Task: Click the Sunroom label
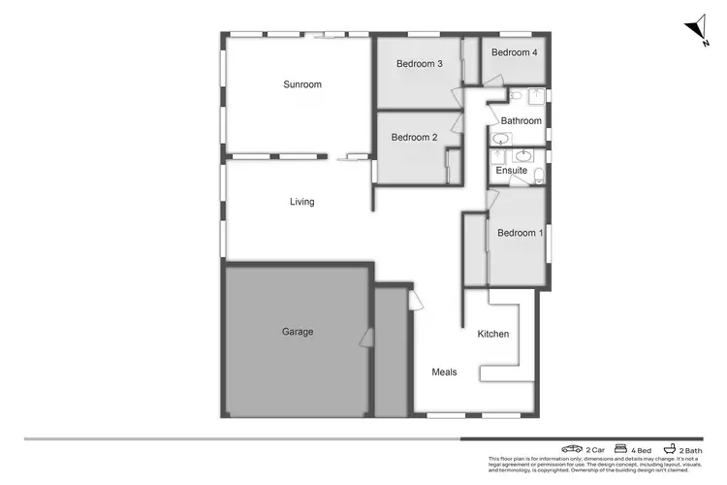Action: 301,84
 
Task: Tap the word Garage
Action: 297,332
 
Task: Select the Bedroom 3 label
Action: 420,64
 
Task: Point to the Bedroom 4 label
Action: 514,52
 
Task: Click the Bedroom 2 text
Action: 414,138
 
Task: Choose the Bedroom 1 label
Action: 521,233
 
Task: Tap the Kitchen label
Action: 492,335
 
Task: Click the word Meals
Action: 444,372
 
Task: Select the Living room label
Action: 301,202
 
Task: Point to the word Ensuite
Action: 511,171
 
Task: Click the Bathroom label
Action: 521,121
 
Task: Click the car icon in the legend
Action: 571,450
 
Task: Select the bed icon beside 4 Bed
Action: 620,450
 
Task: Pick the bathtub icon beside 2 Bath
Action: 670,450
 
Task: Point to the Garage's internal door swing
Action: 365,338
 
